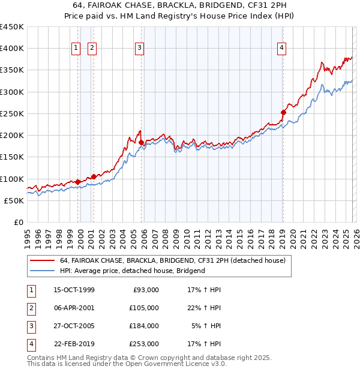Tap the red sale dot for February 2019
click(283, 112)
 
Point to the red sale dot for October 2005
click(141, 142)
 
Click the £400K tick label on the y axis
click(12, 49)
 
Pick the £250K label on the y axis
click(12, 113)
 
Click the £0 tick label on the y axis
click(19, 222)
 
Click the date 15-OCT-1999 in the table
click(74, 290)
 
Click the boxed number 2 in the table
click(30, 308)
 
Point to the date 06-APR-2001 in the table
click(74, 308)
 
